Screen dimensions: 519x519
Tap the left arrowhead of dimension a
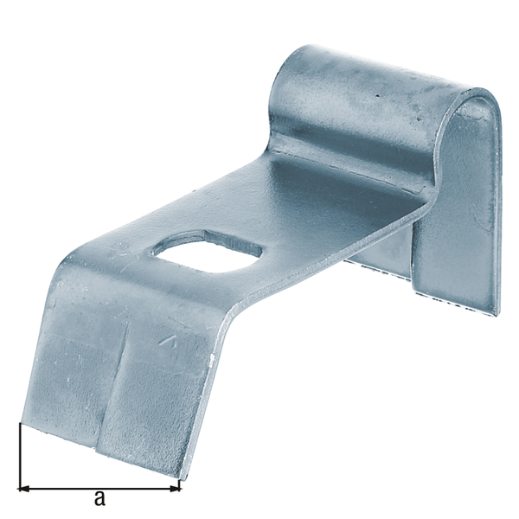23,488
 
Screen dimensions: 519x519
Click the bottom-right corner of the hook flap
498,313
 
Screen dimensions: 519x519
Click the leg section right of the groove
160,398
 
